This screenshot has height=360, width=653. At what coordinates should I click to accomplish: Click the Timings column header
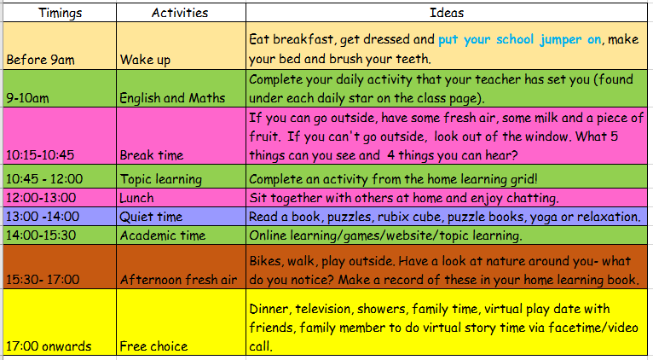click(x=61, y=13)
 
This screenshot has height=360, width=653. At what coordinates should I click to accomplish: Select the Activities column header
click(x=180, y=13)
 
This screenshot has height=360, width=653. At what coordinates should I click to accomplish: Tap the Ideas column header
click(x=447, y=13)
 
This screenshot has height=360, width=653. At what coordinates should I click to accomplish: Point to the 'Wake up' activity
click(x=145, y=60)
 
